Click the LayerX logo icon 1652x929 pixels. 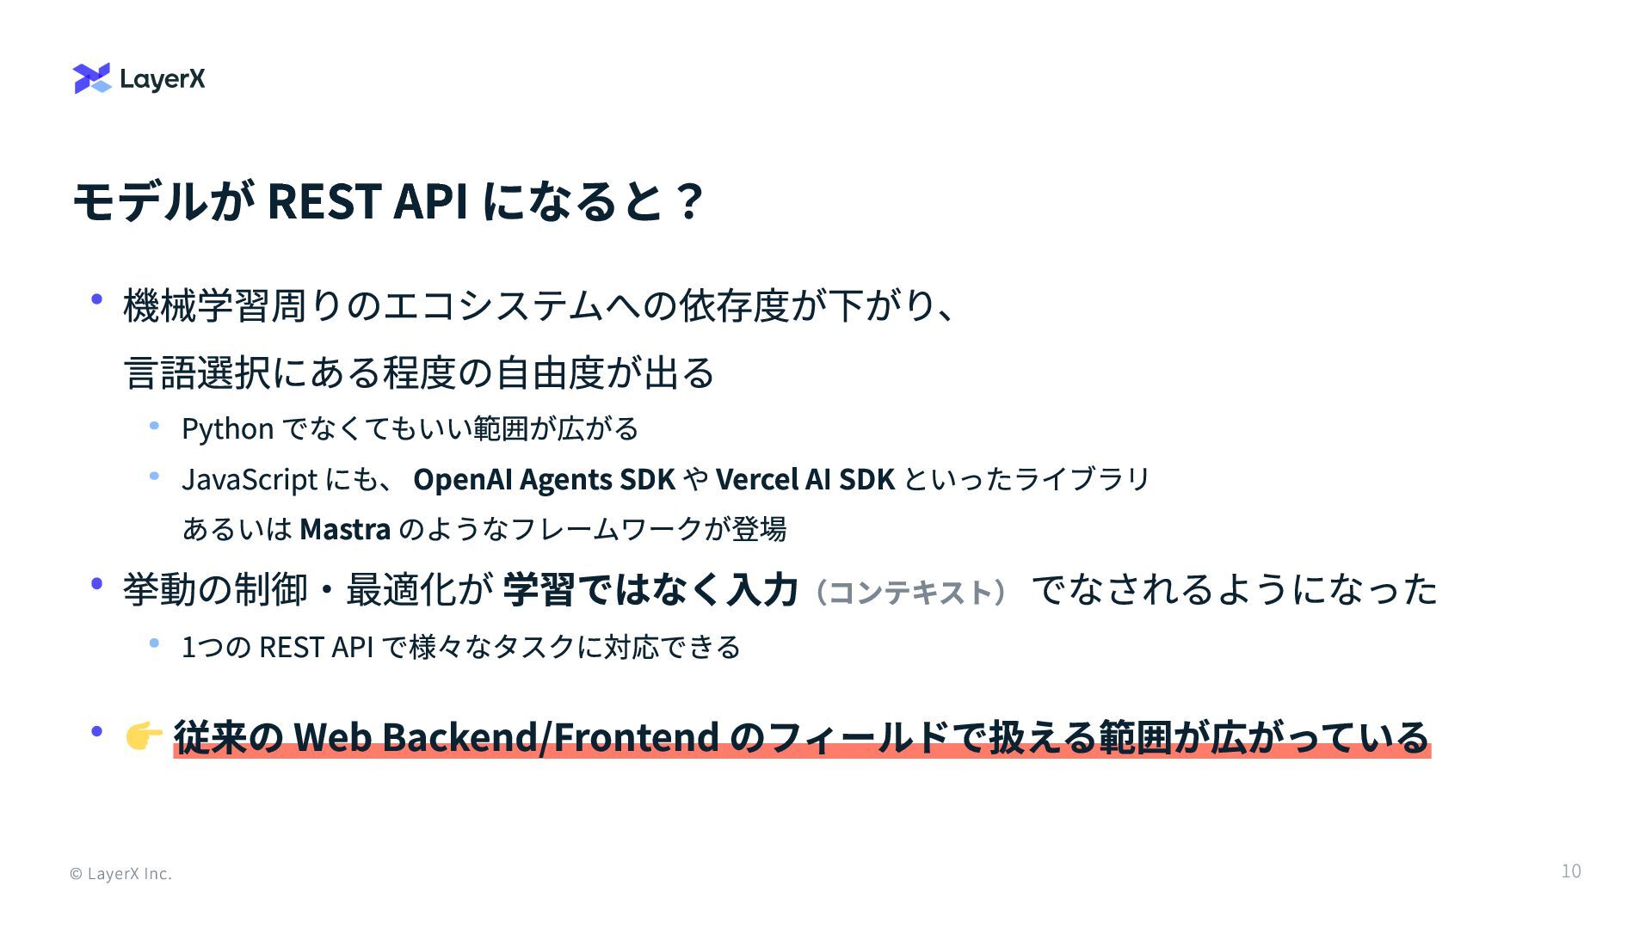coord(92,78)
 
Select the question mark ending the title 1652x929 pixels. coord(689,201)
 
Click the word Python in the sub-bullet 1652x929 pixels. coord(227,428)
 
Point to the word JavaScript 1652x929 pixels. coord(250,479)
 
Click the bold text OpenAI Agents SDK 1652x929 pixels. coord(544,479)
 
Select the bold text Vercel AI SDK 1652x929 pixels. coord(804,479)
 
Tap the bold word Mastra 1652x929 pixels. coord(345,528)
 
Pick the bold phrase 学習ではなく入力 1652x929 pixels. coord(650,590)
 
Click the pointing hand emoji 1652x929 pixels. coord(143,736)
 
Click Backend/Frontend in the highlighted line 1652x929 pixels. coord(551,736)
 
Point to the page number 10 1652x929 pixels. coord(1570,871)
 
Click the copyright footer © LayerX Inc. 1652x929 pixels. coord(120,874)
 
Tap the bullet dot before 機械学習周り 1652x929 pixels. coord(97,300)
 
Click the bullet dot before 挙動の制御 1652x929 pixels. coord(97,585)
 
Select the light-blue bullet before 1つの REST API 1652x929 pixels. coord(155,643)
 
